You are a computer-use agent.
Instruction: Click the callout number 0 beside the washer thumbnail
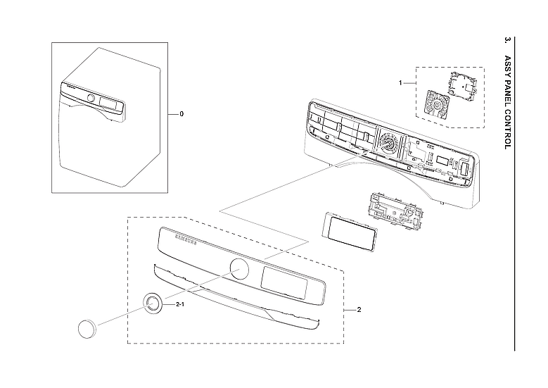pyautogui.click(x=181, y=113)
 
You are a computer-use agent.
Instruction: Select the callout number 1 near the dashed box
pyautogui.click(x=401, y=83)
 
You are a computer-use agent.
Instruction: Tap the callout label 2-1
pyautogui.click(x=179, y=304)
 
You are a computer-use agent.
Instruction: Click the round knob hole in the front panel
pyautogui.click(x=239, y=268)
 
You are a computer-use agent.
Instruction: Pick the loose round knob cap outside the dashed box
pyautogui.click(x=87, y=327)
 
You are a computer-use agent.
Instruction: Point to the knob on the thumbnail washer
pyautogui.click(x=91, y=96)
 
